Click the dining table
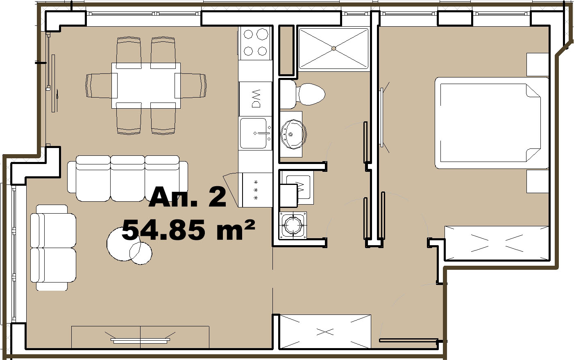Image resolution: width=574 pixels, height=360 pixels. (146, 86)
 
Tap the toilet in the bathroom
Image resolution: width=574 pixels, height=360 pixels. (302, 94)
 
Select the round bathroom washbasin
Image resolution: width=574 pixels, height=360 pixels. (293, 134)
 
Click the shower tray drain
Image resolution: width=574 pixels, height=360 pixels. (334, 48)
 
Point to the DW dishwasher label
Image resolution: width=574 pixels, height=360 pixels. (256, 98)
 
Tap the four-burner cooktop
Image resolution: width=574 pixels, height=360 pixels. (255, 43)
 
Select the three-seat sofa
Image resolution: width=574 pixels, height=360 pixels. (127, 178)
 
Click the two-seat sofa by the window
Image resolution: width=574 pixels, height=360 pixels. (53, 248)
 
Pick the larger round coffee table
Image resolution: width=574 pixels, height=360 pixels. (124, 244)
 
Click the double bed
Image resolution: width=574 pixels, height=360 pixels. (492, 123)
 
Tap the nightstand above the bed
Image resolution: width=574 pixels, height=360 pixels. (538, 64)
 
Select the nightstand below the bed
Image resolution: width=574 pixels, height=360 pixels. (538, 181)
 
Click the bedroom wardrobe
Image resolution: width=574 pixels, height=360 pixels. (497, 243)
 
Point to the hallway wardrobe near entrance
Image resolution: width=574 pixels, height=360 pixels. (325, 332)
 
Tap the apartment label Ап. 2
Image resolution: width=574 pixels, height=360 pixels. (187, 197)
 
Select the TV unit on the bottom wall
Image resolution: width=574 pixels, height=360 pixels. (140, 337)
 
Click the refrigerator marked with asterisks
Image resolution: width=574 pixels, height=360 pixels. (257, 190)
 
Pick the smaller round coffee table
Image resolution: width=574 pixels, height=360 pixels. (141, 253)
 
